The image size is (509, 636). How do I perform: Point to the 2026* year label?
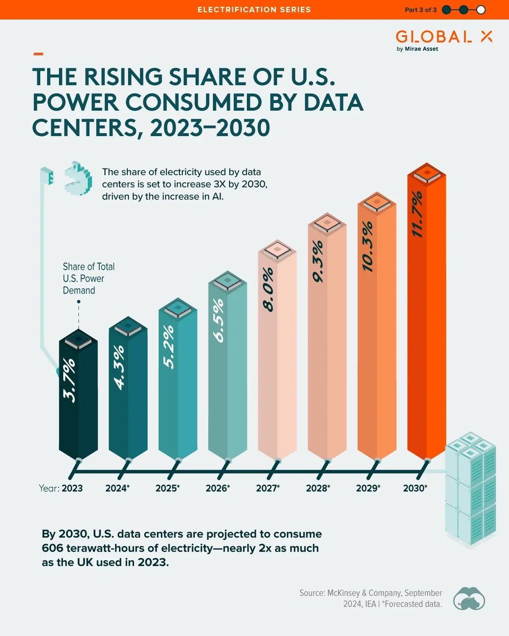click(x=217, y=488)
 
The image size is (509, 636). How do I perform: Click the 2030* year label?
click(x=416, y=488)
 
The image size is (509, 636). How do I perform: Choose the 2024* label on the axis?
click(x=118, y=488)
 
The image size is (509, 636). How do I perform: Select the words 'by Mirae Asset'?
click(x=417, y=49)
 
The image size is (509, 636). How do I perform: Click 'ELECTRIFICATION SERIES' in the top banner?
click(x=254, y=10)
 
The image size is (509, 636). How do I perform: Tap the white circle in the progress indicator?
click(x=481, y=10)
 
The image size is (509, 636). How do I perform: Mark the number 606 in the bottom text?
click(x=54, y=547)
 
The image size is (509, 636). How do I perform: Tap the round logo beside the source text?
click(x=470, y=598)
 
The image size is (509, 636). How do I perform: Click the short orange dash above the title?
click(x=38, y=54)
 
